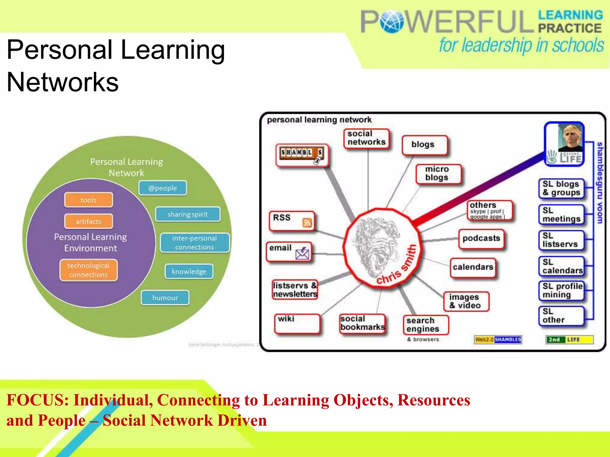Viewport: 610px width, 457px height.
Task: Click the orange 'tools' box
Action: (88, 200)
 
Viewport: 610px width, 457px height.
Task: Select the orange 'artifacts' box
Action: (88, 221)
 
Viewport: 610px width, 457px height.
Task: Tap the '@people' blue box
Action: (163, 188)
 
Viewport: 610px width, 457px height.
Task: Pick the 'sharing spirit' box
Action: (187, 214)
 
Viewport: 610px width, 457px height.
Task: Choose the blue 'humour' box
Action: (165, 298)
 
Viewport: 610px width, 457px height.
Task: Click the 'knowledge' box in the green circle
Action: (189, 271)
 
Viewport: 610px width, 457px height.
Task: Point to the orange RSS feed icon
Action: (307, 223)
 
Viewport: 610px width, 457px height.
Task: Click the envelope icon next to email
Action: (302, 253)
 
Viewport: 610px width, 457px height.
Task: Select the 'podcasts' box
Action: (481, 238)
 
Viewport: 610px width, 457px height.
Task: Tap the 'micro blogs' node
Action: (438, 173)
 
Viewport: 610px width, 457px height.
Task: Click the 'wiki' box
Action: (297, 323)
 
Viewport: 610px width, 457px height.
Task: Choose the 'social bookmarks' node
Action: (362, 323)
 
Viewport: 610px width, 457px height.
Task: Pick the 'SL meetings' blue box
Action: (561, 215)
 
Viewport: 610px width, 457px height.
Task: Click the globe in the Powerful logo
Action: (391, 21)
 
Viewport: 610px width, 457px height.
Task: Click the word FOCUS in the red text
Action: (37, 400)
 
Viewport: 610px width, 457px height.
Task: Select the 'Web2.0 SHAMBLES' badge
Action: (498, 339)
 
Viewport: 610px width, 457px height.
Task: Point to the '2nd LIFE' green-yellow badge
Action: (569, 339)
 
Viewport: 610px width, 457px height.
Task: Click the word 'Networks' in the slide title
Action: (63, 82)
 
